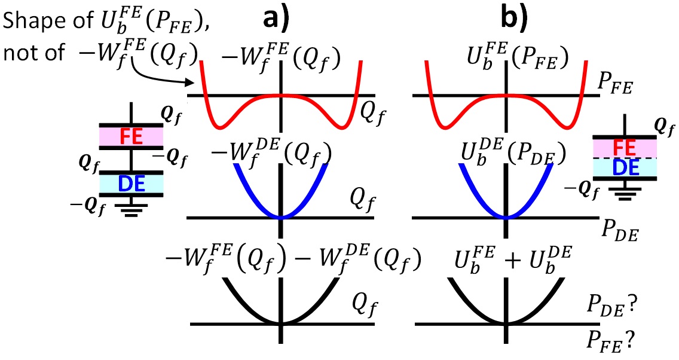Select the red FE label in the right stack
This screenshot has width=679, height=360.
pos(625,147)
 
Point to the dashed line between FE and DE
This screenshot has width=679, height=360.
pos(625,158)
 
